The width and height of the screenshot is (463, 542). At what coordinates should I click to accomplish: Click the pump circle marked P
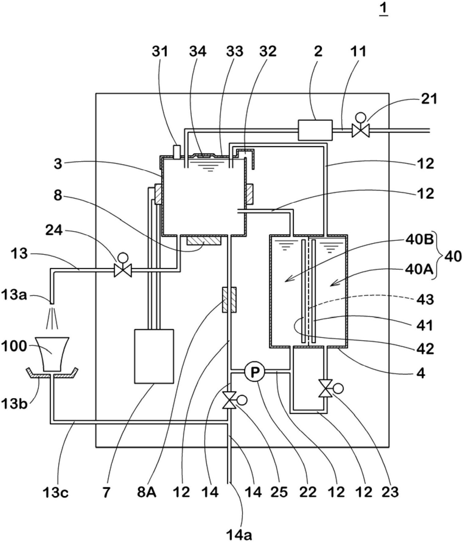255,371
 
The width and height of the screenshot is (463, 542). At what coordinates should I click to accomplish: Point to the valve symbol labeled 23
325,389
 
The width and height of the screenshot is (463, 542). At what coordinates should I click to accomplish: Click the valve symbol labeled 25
230,400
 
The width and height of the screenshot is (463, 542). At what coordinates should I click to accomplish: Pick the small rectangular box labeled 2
315,130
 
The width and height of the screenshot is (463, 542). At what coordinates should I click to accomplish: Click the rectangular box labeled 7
154,356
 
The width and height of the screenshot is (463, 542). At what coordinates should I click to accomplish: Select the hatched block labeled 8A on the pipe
229,300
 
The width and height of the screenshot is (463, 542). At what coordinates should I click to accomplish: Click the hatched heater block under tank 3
203,241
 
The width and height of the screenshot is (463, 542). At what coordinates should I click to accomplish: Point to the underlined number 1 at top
384,9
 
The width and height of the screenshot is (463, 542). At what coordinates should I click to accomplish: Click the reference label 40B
419,240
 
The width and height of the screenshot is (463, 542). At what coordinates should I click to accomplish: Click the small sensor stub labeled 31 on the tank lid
177,151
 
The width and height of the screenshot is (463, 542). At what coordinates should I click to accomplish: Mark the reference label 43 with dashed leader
425,300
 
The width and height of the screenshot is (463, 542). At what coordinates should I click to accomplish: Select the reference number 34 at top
198,51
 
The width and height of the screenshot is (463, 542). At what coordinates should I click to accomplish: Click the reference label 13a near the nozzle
14,295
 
